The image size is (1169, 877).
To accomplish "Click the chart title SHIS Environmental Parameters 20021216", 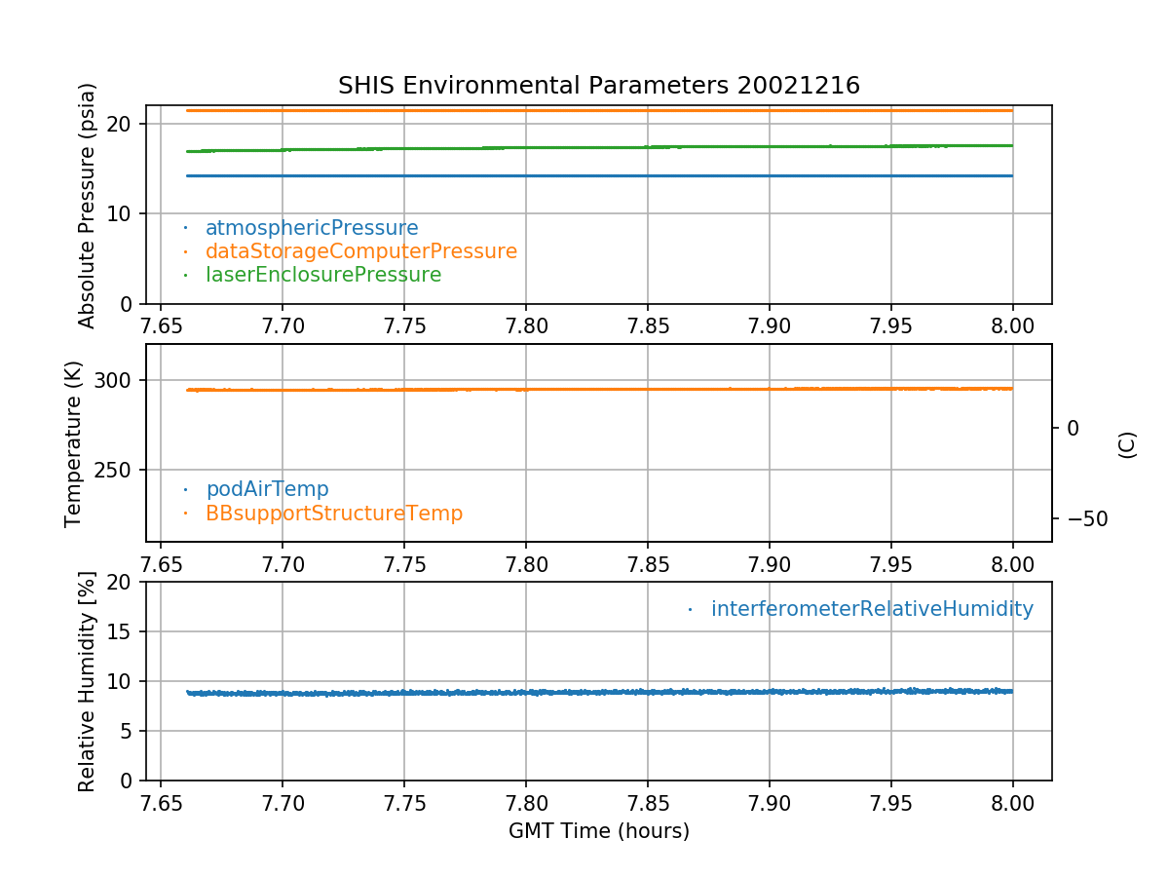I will (x=599, y=86).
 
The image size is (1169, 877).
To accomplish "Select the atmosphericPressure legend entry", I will (x=312, y=228).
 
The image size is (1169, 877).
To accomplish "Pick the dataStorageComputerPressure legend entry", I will (x=360, y=251).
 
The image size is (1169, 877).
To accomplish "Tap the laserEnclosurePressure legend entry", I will (x=323, y=275).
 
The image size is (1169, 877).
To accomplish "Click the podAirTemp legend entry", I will (x=267, y=489).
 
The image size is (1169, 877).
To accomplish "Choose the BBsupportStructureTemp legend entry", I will (x=334, y=513).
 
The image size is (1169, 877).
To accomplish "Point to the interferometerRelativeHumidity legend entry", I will (x=872, y=609).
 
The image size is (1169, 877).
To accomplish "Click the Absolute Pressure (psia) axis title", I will (x=88, y=204).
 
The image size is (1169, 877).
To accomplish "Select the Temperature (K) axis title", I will (x=74, y=443).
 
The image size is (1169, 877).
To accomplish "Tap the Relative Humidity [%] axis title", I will (x=88, y=681).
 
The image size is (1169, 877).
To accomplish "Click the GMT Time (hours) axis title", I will (x=599, y=831).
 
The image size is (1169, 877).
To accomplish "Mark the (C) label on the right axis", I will (x=1127, y=444).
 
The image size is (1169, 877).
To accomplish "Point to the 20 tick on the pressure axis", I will (x=122, y=124).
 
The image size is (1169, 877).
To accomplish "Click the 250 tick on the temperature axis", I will (x=115, y=470).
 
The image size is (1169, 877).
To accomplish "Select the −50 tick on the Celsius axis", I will (x=1080, y=518).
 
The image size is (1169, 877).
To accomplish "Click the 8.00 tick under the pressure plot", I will (x=1013, y=324).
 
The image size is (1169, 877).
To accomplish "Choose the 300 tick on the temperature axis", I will (x=115, y=380).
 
